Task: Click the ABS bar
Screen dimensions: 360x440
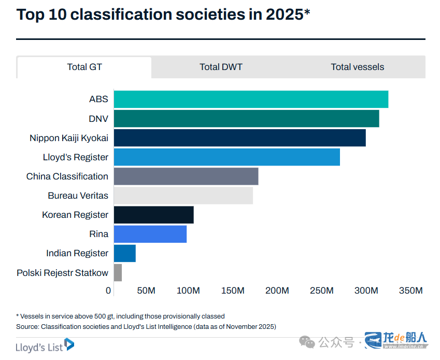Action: [251, 99]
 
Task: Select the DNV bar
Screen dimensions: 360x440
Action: [246, 119]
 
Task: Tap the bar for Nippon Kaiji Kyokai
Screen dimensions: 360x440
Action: [239, 138]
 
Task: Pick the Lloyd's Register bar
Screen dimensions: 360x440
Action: [226, 157]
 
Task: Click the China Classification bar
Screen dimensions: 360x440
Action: [186, 176]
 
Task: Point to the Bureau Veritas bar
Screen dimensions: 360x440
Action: [183, 196]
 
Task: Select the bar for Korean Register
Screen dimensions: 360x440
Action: [153, 215]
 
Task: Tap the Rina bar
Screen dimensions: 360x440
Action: [150, 234]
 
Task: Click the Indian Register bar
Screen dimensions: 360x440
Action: [124, 253]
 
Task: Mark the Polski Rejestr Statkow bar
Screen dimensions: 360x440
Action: [118, 272]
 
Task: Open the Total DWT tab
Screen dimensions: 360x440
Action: [221, 67]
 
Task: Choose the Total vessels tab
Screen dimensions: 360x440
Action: [358, 67]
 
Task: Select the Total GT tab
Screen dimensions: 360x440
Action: [84, 67]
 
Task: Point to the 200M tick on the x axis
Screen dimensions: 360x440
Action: [277, 290]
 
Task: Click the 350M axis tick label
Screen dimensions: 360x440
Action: [411, 290]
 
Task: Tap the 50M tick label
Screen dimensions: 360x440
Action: [146, 290]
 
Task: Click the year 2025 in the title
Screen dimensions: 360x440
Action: [285, 15]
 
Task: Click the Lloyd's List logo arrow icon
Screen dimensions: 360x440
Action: [69, 344]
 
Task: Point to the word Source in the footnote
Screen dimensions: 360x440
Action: [27, 327]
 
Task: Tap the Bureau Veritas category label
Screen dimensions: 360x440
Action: [78, 196]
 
